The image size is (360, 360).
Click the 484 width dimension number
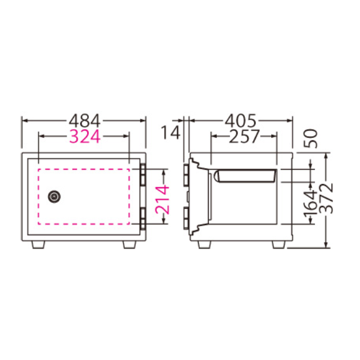coord(85,121)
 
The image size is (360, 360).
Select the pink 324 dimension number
coord(85,136)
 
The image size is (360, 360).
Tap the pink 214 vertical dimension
coord(162,200)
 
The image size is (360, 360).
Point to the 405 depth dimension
coord(240,121)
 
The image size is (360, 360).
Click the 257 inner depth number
coord(244,136)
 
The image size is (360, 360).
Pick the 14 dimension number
coord(170,133)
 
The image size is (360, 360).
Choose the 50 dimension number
coord(311,139)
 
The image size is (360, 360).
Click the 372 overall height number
coord(326,199)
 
